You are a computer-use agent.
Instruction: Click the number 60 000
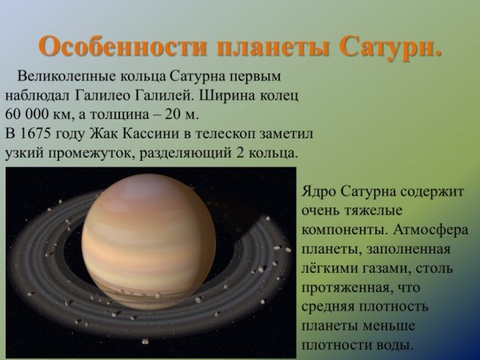pyautogui.click(x=29, y=113)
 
